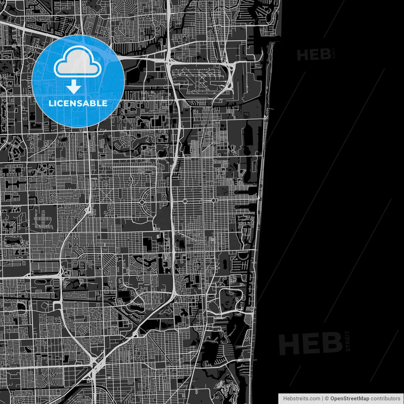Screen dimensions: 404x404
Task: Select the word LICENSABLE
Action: click(x=78, y=103)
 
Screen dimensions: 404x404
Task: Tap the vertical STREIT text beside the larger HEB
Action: click(x=348, y=341)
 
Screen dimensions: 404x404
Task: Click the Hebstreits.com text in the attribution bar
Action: click(x=301, y=399)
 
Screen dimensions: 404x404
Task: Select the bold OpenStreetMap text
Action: click(x=350, y=399)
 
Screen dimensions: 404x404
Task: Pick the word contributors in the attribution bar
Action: click(x=385, y=399)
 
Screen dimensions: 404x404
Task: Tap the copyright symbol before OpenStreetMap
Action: click(x=327, y=399)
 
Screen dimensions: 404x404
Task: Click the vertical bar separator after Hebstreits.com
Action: click(x=323, y=399)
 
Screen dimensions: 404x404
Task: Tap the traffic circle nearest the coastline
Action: click(x=213, y=200)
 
